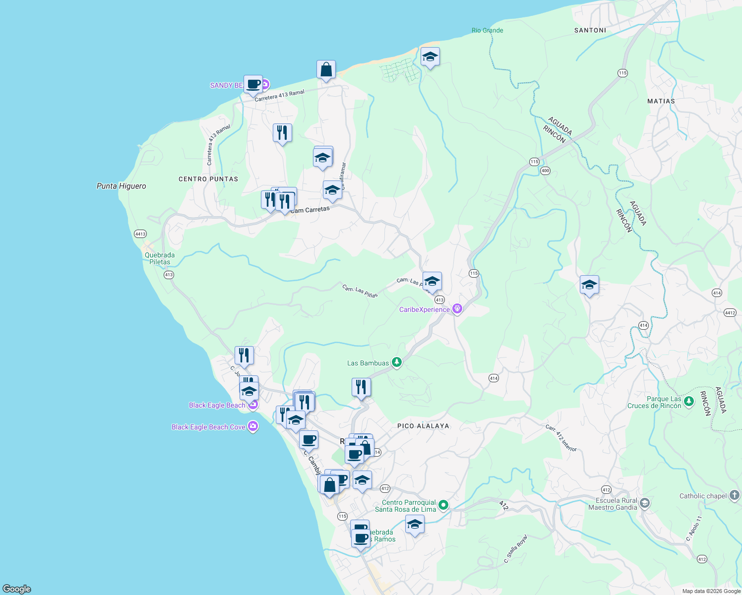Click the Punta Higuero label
click(x=122, y=186)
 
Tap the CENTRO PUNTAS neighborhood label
click(x=208, y=179)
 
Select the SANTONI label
click(x=590, y=30)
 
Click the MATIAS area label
click(x=661, y=101)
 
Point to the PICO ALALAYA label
click(x=423, y=426)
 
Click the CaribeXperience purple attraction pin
click(x=457, y=309)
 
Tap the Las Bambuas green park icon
click(x=396, y=362)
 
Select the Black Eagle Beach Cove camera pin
click(x=253, y=426)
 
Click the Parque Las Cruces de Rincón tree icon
click(x=688, y=401)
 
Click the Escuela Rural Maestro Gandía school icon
click(x=644, y=503)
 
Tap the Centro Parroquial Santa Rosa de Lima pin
click(x=443, y=505)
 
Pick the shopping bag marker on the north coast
click(x=326, y=70)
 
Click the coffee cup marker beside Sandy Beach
click(x=253, y=85)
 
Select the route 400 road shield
click(x=545, y=171)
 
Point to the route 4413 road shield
click(x=140, y=234)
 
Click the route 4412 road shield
click(x=730, y=312)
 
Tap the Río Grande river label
click(x=487, y=30)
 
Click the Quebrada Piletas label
click(x=160, y=258)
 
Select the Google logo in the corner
click(x=17, y=589)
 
